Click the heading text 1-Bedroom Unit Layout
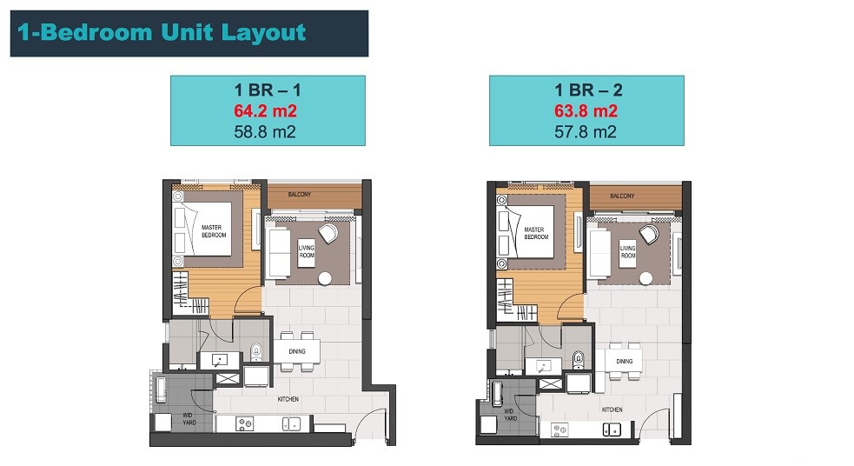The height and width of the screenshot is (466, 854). pos(162,32)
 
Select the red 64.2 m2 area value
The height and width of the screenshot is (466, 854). pos(265,111)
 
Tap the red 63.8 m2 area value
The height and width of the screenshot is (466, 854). pos(586,111)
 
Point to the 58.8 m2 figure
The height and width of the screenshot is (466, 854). pos(265,132)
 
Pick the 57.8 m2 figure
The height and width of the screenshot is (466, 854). pos(586,132)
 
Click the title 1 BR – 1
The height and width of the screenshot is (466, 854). pos(268,90)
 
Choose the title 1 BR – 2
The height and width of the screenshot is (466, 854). pos(588,90)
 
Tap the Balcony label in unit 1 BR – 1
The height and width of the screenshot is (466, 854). pos(300,194)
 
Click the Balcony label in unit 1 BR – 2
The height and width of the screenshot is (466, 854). pos(622,196)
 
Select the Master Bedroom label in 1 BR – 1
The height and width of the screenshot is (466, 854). pos(213,231)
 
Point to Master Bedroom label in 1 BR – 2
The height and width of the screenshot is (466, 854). pos(536,233)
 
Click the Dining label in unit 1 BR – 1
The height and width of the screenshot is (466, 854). pos(297,351)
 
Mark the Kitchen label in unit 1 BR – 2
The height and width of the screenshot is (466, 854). pos(612,409)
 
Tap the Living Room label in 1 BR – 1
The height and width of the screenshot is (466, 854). pos(306,251)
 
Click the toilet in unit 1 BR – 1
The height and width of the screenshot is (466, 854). pos(256,353)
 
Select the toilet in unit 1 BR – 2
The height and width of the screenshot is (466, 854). pos(579,360)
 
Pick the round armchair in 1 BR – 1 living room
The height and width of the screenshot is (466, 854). pos(328,233)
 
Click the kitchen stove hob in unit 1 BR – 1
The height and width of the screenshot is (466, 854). pos(244,423)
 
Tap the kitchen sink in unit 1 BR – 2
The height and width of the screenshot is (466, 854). pos(612,429)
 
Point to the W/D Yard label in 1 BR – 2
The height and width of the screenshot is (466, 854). pos(510,415)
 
